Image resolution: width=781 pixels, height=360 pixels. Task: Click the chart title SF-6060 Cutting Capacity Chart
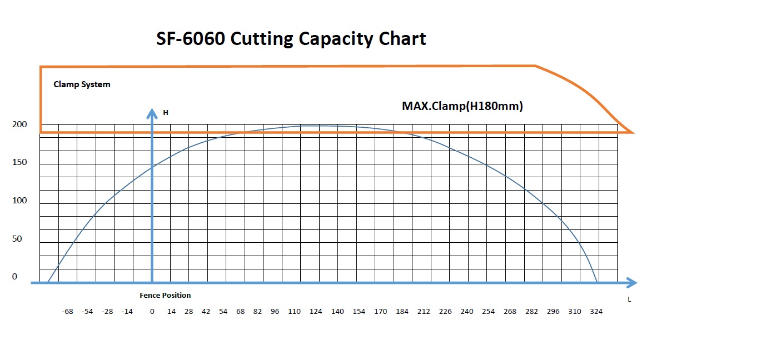[x=291, y=39]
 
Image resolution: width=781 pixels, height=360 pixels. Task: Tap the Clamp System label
[x=82, y=84]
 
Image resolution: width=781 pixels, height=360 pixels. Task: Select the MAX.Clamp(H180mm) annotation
[x=462, y=106]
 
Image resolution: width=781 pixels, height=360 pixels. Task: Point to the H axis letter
[x=165, y=113]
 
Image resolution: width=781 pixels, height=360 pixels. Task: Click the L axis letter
[x=629, y=299]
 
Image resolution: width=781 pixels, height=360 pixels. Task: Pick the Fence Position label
[x=165, y=295]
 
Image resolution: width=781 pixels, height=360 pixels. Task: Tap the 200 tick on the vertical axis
[x=19, y=124]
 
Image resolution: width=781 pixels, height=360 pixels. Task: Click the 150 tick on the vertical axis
[x=19, y=162]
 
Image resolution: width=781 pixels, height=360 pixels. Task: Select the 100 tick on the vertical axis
[x=19, y=201]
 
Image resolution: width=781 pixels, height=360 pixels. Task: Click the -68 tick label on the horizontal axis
[x=67, y=312]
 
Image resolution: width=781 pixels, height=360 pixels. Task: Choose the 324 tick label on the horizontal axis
[x=596, y=312]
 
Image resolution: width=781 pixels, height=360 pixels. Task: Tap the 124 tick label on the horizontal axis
[x=316, y=312]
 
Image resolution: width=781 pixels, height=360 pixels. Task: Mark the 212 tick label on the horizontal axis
[x=424, y=312]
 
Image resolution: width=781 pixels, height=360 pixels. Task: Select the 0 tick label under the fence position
[x=152, y=312]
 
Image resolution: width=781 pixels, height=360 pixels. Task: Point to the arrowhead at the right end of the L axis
[x=631, y=283]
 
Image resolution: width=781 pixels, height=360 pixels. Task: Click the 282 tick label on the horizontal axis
[x=531, y=312]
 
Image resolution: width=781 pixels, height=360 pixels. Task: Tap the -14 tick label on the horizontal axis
[x=127, y=312]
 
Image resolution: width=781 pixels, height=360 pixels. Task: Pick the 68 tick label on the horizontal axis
[x=240, y=312]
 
